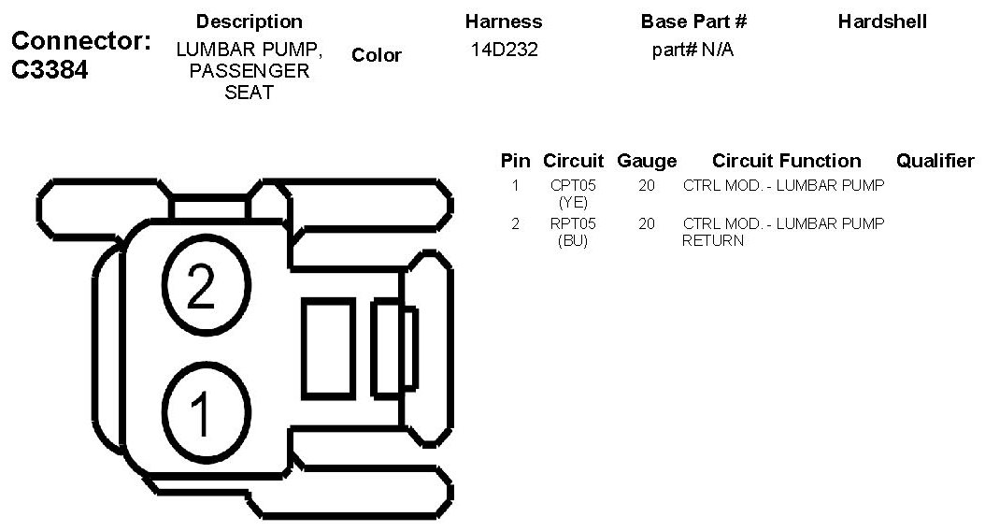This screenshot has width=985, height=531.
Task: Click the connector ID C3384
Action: (x=50, y=70)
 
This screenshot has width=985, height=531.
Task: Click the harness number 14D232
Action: (x=504, y=50)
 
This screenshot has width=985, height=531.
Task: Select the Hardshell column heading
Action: (x=882, y=22)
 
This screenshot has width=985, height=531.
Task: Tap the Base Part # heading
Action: (x=693, y=22)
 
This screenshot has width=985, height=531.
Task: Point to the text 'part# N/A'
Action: (x=692, y=50)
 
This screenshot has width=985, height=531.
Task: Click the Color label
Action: (x=377, y=55)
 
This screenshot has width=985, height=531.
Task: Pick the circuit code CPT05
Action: (x=573, y=186)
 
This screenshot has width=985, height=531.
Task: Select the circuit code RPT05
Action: (x=573, y=223)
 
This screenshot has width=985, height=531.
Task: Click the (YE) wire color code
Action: (x=573, y=202)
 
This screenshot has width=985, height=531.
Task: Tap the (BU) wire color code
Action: (x=573, y=240)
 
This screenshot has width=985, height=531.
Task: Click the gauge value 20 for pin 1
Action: (x=647, y=186)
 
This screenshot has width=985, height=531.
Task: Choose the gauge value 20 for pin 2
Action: (x=647, y=223)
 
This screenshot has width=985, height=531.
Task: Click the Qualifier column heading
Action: (x=935, y=161)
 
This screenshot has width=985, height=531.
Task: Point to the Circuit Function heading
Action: (x=786, y=161)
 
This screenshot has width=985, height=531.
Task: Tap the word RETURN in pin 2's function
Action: (x=713, y=240)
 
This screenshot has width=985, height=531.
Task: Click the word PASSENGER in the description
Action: (x=250, y=72)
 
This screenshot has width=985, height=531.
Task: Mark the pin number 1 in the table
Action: (x=515, y=186)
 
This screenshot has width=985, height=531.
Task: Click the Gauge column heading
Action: (x=647, y=161)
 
